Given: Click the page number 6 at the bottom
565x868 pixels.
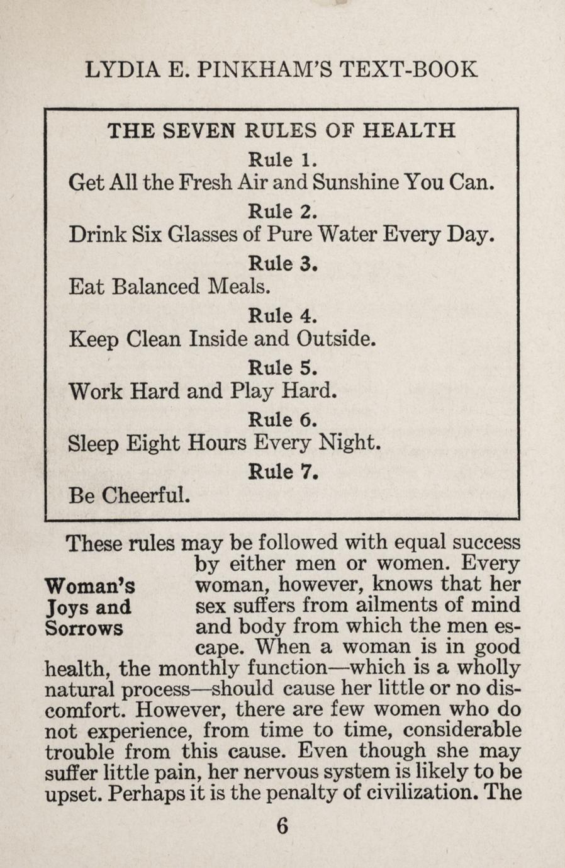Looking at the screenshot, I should pos(282,825).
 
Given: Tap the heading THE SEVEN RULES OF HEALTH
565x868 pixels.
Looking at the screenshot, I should pos(281,130).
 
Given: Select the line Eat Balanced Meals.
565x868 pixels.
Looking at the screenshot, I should pos(170,287).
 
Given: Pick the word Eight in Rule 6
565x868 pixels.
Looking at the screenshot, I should pos(154,444).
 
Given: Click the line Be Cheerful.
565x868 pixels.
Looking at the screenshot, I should pos(128,496).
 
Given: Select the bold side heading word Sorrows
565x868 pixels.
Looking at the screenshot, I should pos(84,628).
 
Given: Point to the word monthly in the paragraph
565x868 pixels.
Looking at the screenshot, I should pos(203,668).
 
